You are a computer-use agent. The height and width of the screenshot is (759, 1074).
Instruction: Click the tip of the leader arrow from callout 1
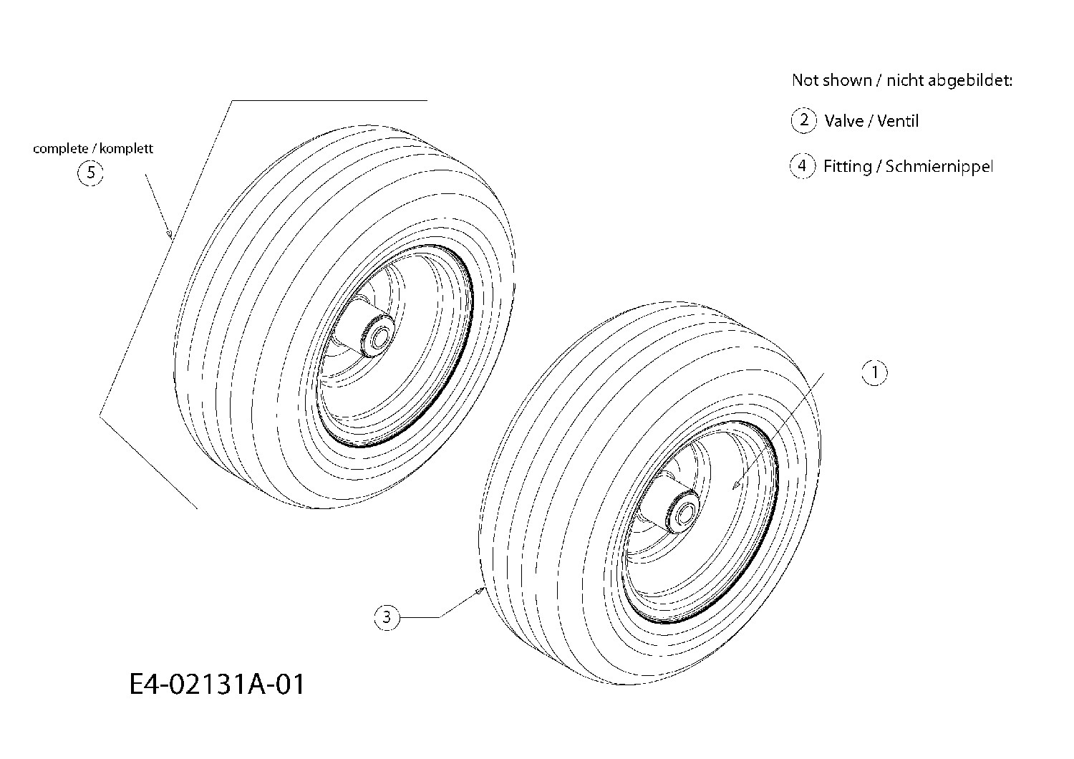coord(732,489)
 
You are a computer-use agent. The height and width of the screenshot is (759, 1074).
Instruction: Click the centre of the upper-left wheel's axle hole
coord(379,339)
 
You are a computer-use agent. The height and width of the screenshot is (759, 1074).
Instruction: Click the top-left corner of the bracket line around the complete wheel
coord(233,101)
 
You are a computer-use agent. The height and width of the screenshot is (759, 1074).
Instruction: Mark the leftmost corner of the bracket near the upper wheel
coord(100,415)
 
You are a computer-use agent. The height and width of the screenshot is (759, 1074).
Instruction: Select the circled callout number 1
coord(874,372)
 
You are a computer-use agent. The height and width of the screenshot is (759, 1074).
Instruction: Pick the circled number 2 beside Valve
coord(803,120)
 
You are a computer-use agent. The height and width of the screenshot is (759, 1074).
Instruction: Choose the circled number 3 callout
coord(387,617)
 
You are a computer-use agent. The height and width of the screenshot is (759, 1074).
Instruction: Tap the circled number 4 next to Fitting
coord(803,166)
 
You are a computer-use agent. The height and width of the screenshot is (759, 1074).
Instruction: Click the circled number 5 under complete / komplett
coord(91,173)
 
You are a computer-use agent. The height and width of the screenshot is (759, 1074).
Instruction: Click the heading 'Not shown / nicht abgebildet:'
coord(902,80)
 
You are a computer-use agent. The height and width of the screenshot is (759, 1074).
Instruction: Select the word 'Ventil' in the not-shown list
coord(898,121)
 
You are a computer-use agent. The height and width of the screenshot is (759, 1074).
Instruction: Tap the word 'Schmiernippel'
coord(939,167)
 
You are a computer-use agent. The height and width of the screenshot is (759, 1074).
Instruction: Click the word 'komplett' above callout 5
coord(126,149)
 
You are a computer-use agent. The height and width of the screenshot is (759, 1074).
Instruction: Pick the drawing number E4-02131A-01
coord(217,685)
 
